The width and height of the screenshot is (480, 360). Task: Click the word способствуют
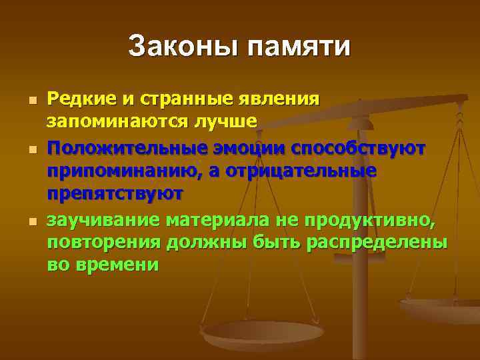pos(374,146)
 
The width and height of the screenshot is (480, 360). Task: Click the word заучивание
pos(103,219)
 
